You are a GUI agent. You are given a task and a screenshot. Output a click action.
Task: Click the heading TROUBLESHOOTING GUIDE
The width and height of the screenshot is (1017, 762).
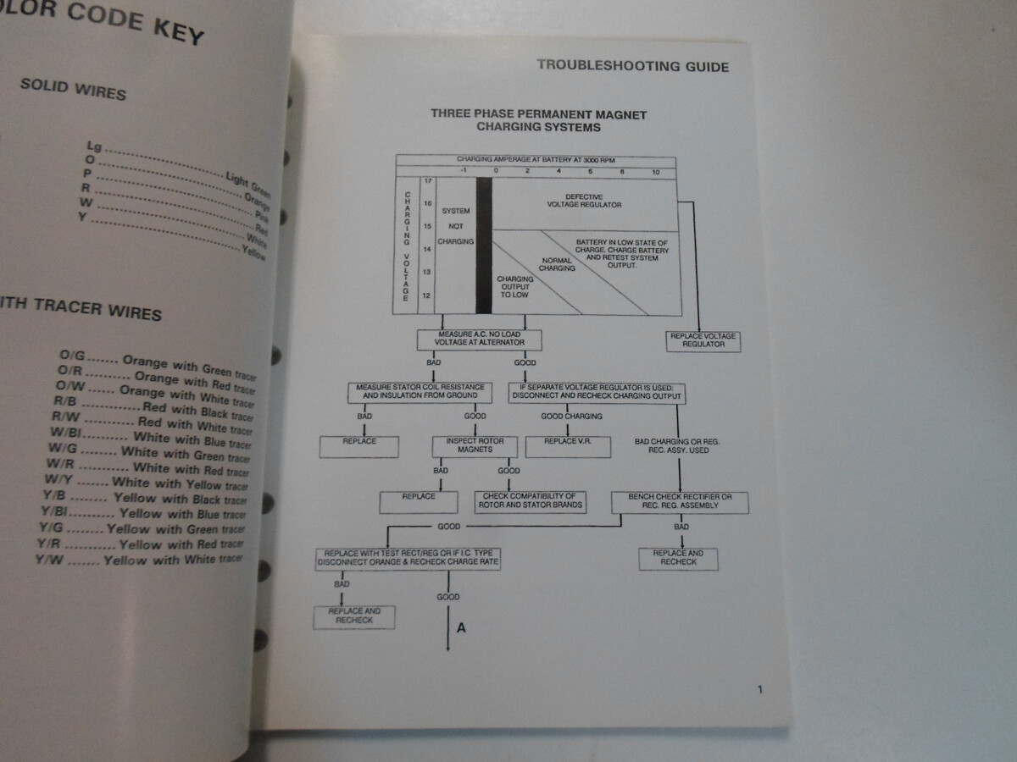click(x=632, y=67)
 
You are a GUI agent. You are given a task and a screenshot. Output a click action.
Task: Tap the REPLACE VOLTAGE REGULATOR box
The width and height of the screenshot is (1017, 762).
click(x=703, y=341)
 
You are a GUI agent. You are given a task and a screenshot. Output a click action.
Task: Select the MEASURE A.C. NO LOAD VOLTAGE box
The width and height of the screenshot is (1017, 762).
click(x=479, y=340)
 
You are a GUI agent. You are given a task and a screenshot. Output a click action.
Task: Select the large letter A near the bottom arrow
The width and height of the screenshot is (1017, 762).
click(x=461, y=628)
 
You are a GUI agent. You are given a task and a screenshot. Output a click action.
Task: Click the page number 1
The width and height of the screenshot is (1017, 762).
click(x=759, y=689)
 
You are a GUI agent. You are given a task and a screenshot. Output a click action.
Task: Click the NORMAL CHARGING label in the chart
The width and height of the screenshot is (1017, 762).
click(x=556, y=265)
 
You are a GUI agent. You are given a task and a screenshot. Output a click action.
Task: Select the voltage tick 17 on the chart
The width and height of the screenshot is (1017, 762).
click(x=427, y=182)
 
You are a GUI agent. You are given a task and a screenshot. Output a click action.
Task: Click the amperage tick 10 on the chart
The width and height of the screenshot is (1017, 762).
click(x=654, y=172)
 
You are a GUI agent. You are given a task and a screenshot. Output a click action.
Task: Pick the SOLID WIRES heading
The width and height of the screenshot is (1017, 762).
click(x=73, y=88)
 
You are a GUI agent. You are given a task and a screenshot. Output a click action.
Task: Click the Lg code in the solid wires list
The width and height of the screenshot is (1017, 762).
click(x=94, y=146)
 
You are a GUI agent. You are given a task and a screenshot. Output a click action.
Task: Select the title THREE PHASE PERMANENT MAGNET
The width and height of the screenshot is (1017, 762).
click(x=538, y=113)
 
